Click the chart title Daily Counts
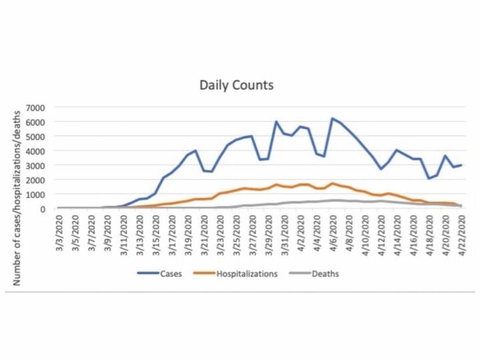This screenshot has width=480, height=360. (237, 85)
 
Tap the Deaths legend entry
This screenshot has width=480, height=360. (315, 274)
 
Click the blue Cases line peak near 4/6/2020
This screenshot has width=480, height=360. (332, 119)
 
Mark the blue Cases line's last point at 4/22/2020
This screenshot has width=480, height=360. (461, 165)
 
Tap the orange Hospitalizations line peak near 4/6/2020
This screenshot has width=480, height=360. (332, 183)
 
